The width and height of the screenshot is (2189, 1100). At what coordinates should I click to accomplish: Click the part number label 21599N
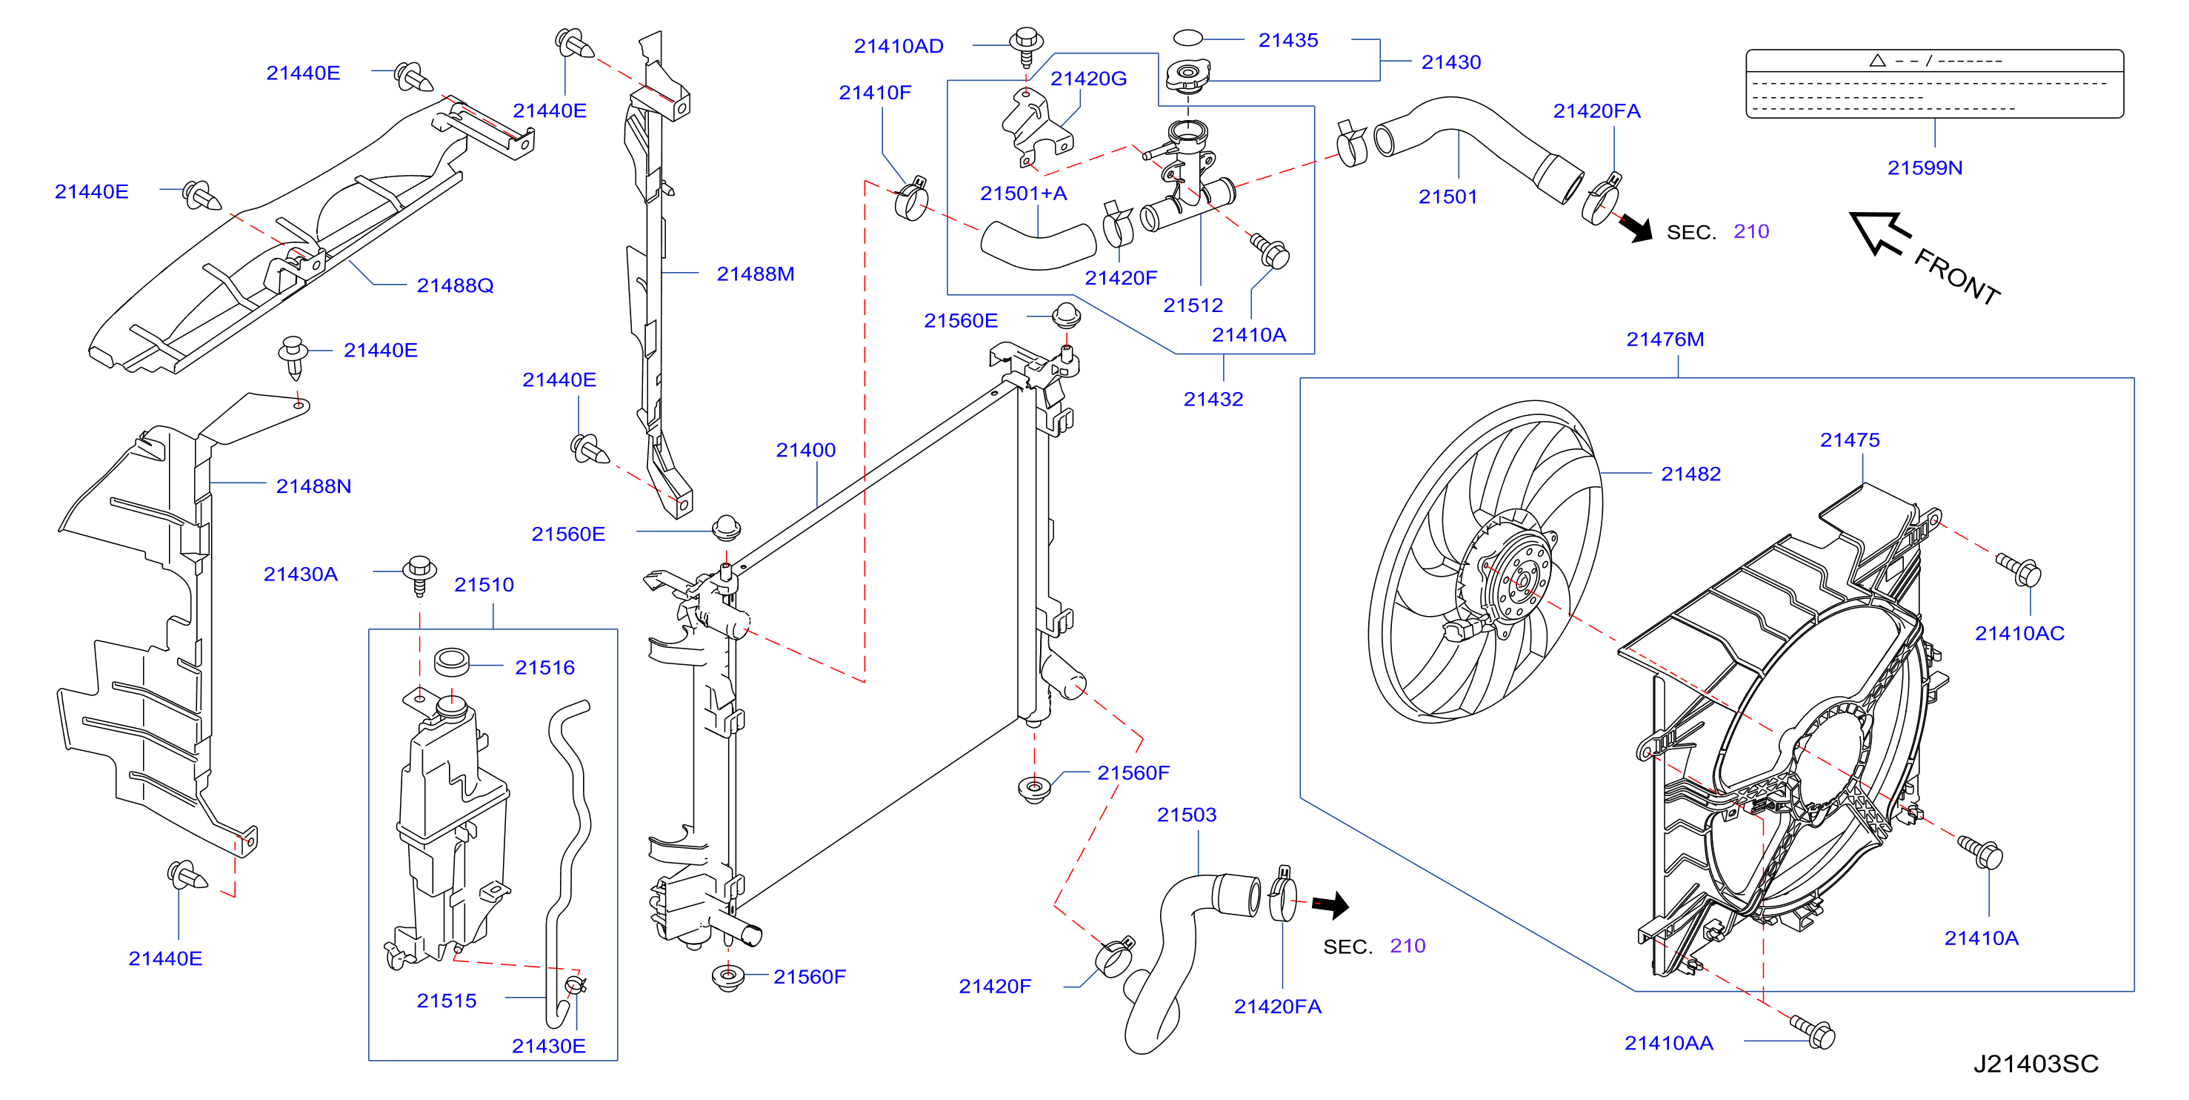point(1925,168)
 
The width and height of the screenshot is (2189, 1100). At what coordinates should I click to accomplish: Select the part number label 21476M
point(1665,339)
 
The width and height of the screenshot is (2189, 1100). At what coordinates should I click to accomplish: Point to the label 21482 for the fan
point(1690,474)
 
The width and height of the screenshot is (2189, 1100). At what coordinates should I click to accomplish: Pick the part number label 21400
point(805,450)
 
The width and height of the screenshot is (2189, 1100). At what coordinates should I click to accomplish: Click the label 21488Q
point(455,285)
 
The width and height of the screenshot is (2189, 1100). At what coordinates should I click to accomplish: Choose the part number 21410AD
point(899,46)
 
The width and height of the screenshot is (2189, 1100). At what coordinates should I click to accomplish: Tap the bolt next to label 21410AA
point(1813,1030)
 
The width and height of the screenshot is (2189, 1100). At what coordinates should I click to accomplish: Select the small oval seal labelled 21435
point(1187,37)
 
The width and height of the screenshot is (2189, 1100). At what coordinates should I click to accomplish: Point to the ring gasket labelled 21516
point(451,660)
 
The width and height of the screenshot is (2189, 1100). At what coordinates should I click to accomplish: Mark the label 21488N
point(313,486)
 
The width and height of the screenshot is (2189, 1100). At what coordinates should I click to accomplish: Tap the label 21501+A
point(1023,193)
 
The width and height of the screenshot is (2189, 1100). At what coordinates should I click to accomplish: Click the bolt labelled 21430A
point(419,574)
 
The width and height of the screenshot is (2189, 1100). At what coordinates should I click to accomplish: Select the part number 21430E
point(548,1046)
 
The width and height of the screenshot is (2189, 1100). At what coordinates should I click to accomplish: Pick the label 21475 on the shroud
point(1849,440)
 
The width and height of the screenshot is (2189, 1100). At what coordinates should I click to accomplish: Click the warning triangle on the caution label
point(1877,60)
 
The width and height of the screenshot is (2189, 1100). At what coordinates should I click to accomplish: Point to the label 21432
point(1213,399)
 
